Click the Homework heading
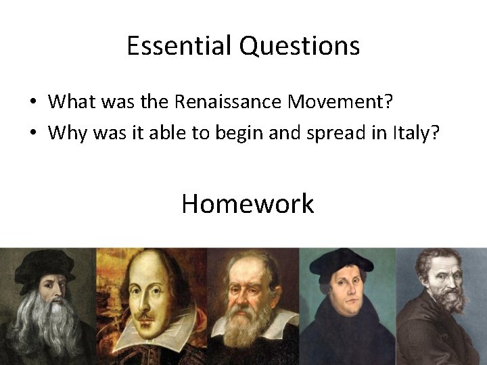click(x=248, y=203)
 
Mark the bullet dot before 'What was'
click(x=32, y=103)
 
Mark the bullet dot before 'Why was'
click(x=32, y=133)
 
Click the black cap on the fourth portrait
click(x=346, y=260)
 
